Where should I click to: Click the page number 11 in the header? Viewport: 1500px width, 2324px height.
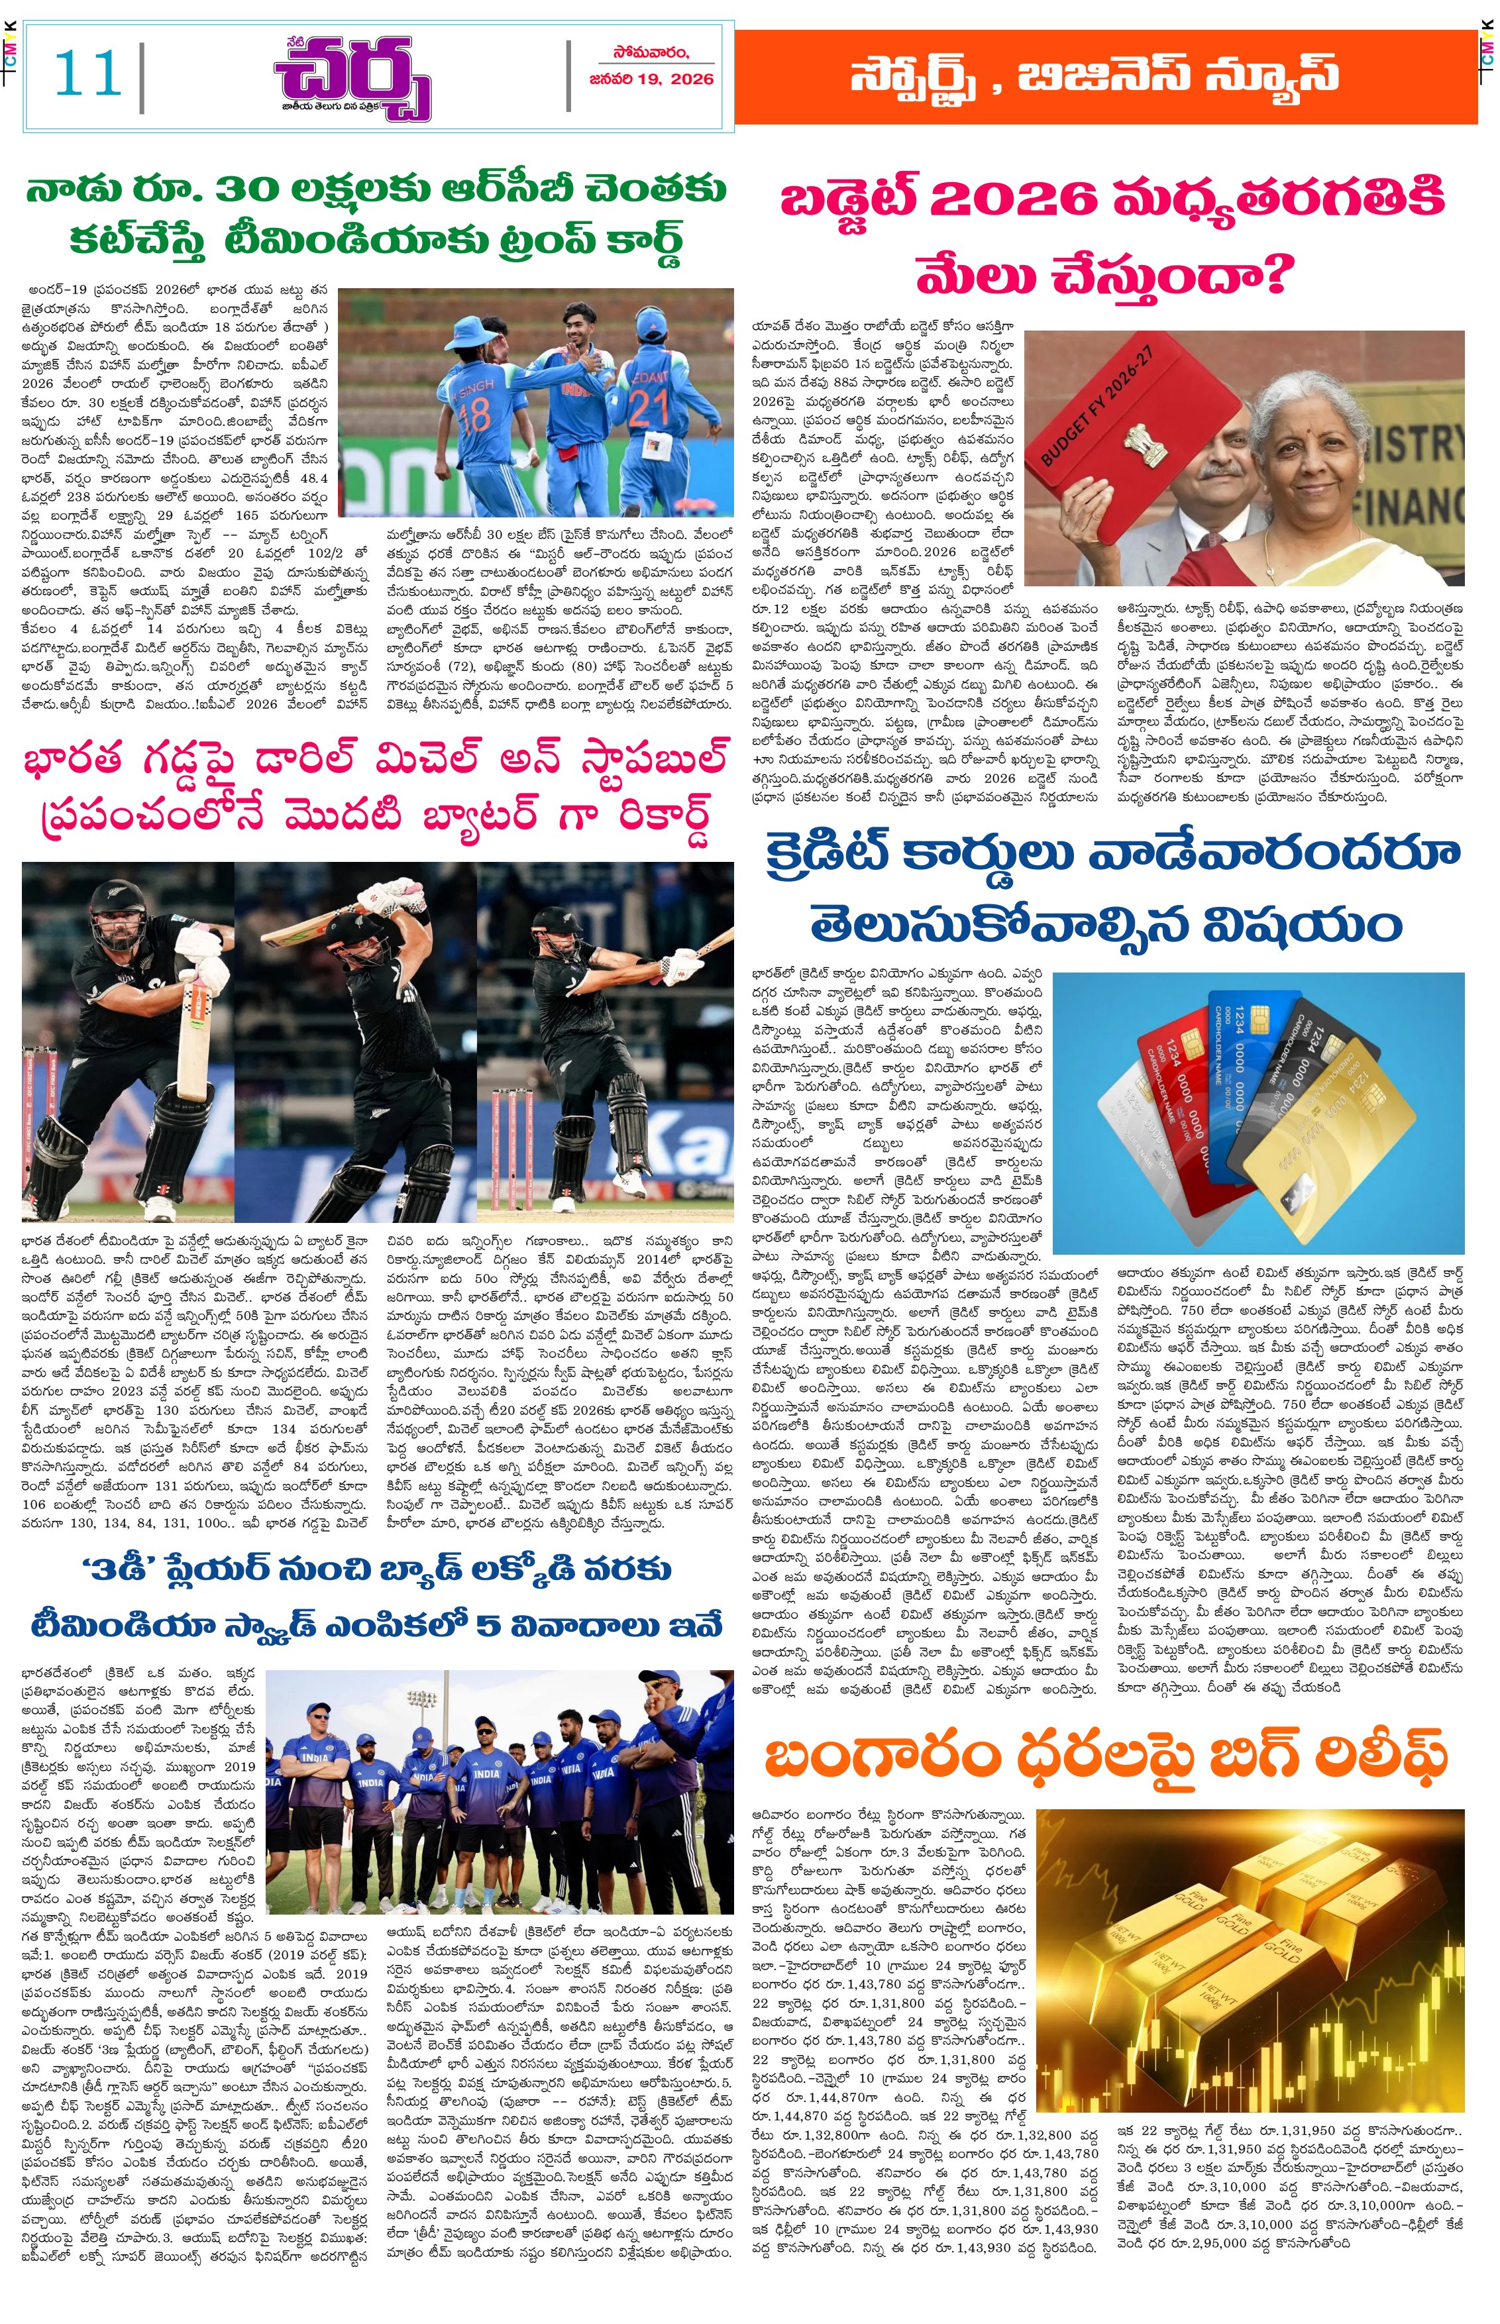pos(87,75)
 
